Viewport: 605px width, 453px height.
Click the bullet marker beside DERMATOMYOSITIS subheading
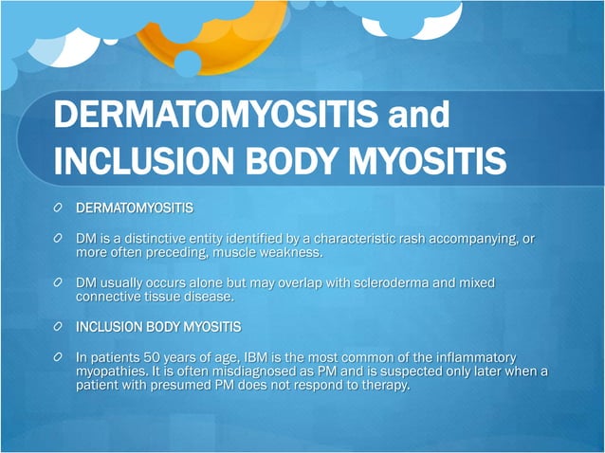coord(59,206)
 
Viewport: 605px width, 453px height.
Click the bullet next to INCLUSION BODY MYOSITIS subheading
coord(59,327)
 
